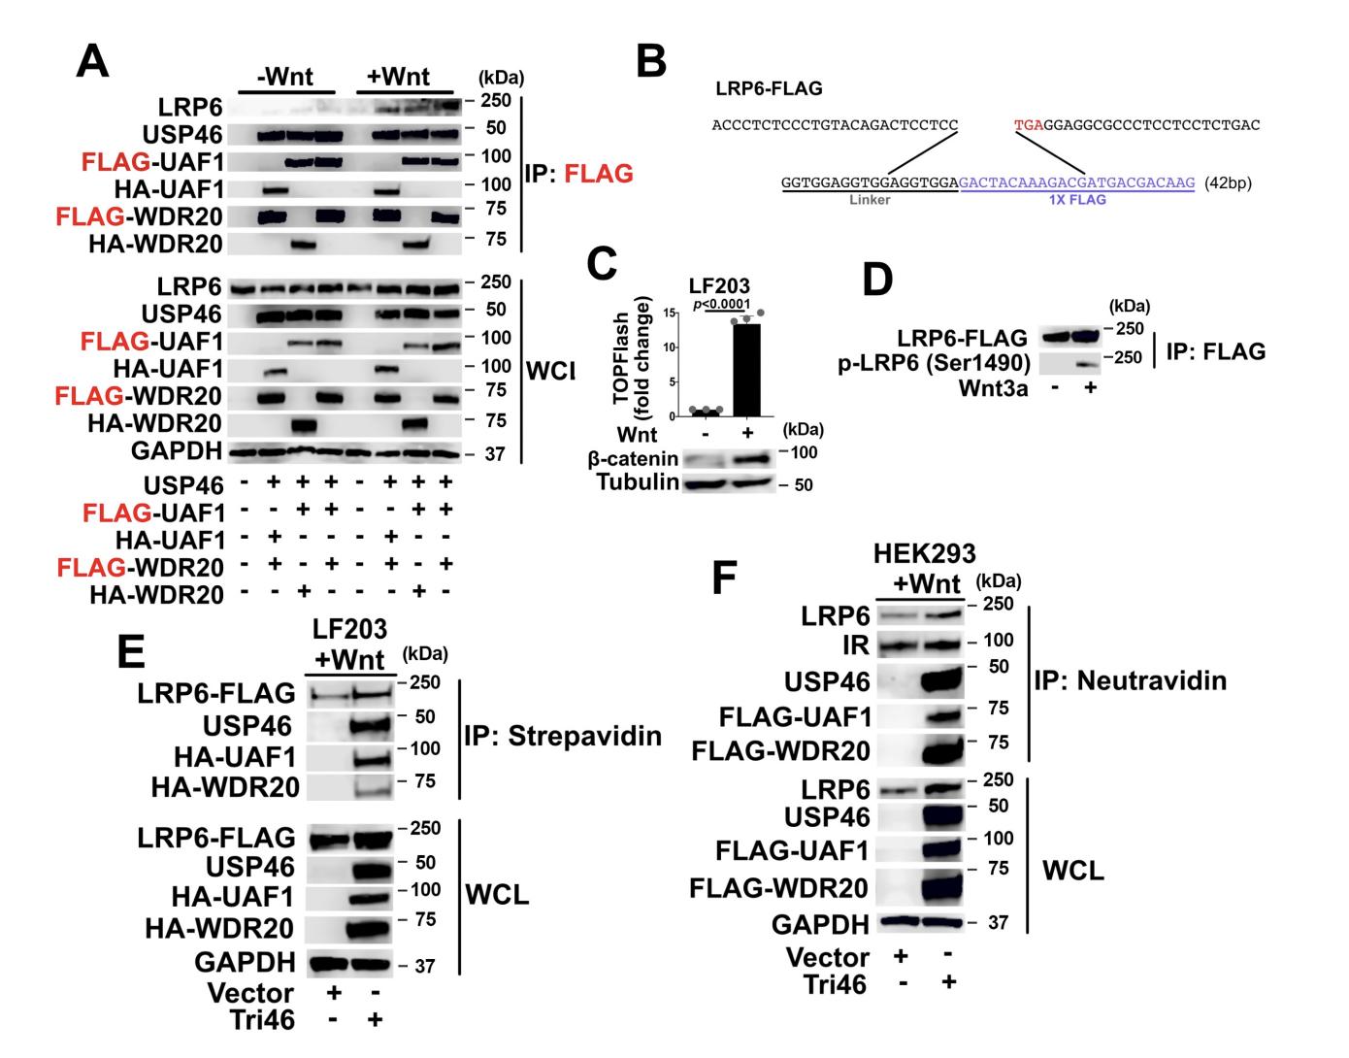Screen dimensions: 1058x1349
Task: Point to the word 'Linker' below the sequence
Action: pos(870,199)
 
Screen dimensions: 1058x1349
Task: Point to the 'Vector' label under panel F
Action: pos(827,958)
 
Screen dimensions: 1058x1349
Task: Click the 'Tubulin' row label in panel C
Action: pos(638,483)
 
